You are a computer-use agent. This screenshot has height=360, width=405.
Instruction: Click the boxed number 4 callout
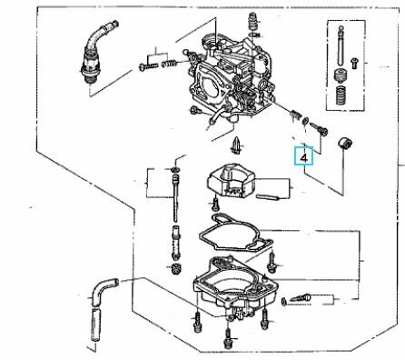306,155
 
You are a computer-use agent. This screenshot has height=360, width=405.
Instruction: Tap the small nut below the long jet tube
173,270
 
